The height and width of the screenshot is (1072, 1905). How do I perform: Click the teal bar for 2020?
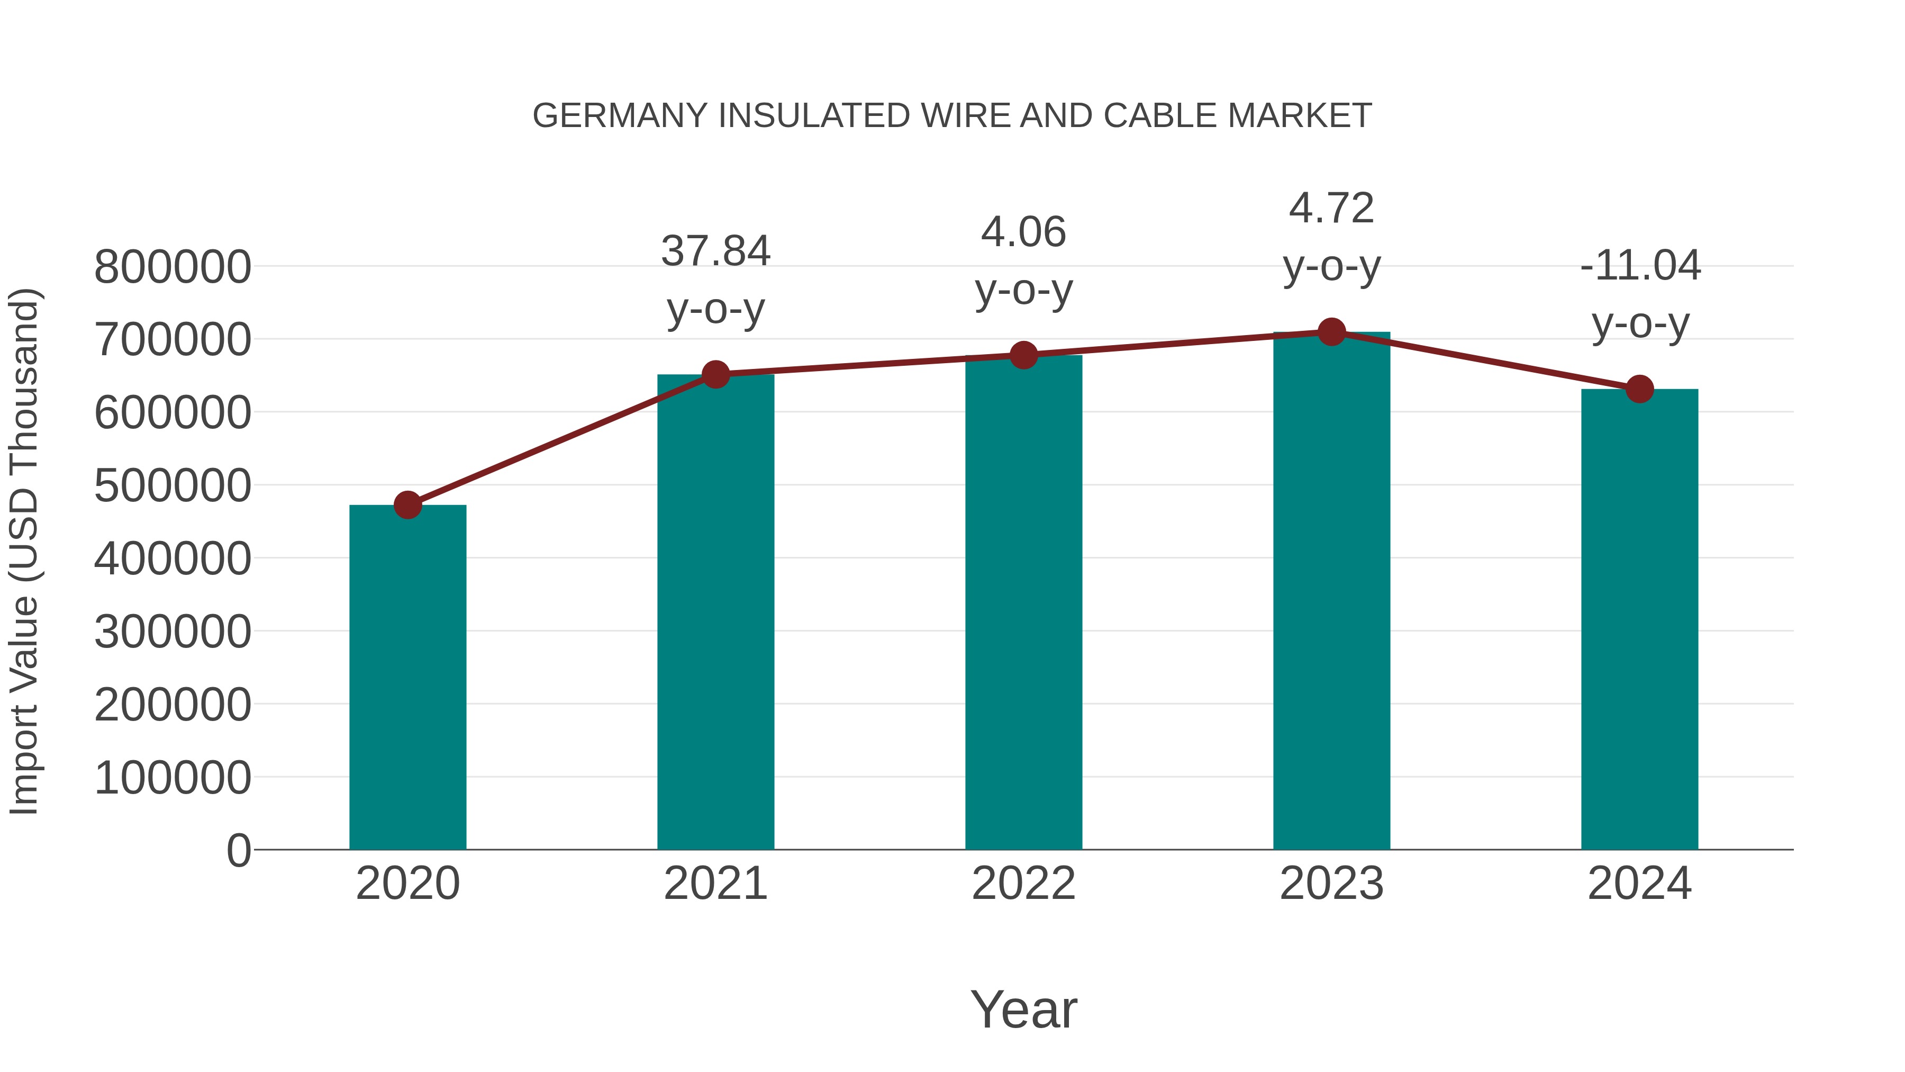(407, 677)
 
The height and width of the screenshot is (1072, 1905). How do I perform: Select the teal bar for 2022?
(1023, 602)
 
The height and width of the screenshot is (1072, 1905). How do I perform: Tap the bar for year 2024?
(1639, 619)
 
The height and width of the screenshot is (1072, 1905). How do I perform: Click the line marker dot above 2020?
(407, 506)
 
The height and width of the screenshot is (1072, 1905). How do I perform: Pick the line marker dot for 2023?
(1331, 332)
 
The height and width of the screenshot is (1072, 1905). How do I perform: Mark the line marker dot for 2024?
(1639, 389)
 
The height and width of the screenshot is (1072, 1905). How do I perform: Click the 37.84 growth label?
(715, 251)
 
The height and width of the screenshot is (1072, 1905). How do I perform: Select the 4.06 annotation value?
(1023, 232)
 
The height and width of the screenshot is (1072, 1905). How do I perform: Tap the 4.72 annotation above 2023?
(1331, 208)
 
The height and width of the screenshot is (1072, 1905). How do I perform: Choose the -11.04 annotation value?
(1639, 266)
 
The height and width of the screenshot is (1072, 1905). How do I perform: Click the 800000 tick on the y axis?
(173, 267)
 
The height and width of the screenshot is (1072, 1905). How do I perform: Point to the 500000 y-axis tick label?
(173, 486)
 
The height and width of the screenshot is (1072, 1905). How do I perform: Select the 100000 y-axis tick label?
(173, 778)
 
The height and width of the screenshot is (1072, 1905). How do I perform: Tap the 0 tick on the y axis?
(238, 851)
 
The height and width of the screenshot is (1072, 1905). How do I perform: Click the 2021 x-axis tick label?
(715, 884)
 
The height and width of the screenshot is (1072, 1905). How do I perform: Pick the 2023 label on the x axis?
(1331, 884)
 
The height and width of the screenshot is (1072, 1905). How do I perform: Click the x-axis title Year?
(1023, 1009)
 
